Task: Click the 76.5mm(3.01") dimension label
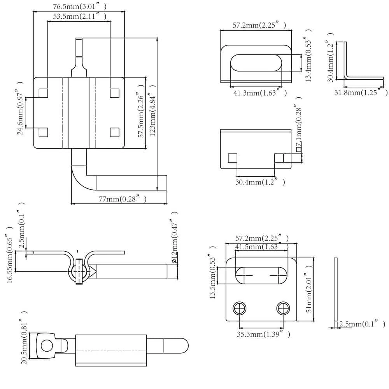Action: click(x=80, y=7)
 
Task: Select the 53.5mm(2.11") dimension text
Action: click(x=80, y=16)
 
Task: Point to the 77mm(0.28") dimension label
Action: click(x=123, y=199)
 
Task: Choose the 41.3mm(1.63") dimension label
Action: click(x=260, y=93)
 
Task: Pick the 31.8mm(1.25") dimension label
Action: click(x=361, y=93)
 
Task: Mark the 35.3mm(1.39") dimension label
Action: click(x=263, y=334)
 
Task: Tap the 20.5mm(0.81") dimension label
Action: click(x=24, y=338)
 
